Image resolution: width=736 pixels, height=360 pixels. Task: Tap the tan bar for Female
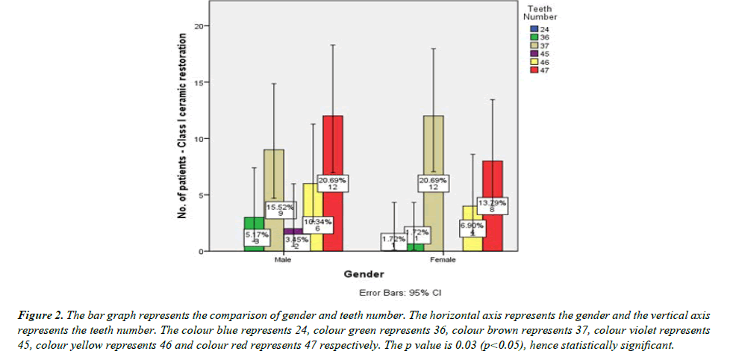tap(433, 149)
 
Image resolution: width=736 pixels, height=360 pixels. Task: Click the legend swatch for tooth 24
tap(534, 28)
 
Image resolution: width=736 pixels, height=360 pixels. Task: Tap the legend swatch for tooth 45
tap(534, 53)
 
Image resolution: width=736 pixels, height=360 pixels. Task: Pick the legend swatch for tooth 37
tap(534, 45)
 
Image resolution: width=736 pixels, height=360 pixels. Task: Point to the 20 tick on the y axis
tap(199, 26)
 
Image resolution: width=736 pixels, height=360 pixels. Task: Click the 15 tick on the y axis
tap(199, 82)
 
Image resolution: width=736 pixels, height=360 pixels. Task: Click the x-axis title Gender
tap(364, 275)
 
